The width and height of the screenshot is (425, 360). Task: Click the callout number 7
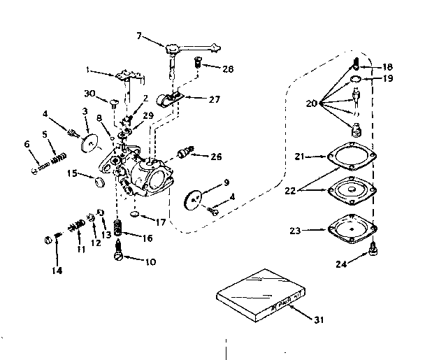(x=138, y=34)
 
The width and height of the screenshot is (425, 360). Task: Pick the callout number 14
(x=57, y=270)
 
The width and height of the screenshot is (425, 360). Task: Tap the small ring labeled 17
(x=138, y=213)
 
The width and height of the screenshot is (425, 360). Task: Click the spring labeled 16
(x=118, y=228)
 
